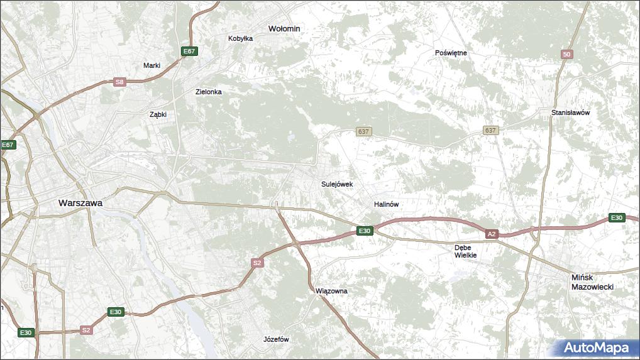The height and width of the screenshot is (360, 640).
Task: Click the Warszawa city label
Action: [80, 203]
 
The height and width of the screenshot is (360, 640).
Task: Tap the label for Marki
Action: [152, 65]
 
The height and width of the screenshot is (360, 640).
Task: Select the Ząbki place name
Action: [157, 114]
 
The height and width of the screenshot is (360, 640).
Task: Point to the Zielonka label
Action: [208, 92]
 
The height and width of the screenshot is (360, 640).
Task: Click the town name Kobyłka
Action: [240, 38]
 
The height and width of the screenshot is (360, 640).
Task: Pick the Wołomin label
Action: [284, 29]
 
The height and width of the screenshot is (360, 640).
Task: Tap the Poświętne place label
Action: [451, 53]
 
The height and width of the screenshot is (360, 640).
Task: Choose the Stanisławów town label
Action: [570, 113]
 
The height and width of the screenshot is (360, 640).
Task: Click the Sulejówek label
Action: [337, 185]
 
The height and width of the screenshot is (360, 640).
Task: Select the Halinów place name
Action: [386, 205]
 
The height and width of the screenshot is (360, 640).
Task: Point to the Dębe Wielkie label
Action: [466, 251]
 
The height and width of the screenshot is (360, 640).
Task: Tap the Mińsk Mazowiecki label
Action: [592, 281]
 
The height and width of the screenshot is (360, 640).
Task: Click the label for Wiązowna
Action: [331, 292]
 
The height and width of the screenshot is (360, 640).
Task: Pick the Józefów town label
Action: [276, 339]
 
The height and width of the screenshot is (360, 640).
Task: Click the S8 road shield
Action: [119, 82]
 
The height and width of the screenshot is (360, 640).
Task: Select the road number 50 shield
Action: [567, 55]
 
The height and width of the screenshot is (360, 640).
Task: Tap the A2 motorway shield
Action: [492, 234]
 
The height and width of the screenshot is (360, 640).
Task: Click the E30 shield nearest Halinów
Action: [365, 231]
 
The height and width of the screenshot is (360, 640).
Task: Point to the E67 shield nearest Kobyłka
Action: [188, 51]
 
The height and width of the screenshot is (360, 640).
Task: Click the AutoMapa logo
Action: [596, 347]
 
